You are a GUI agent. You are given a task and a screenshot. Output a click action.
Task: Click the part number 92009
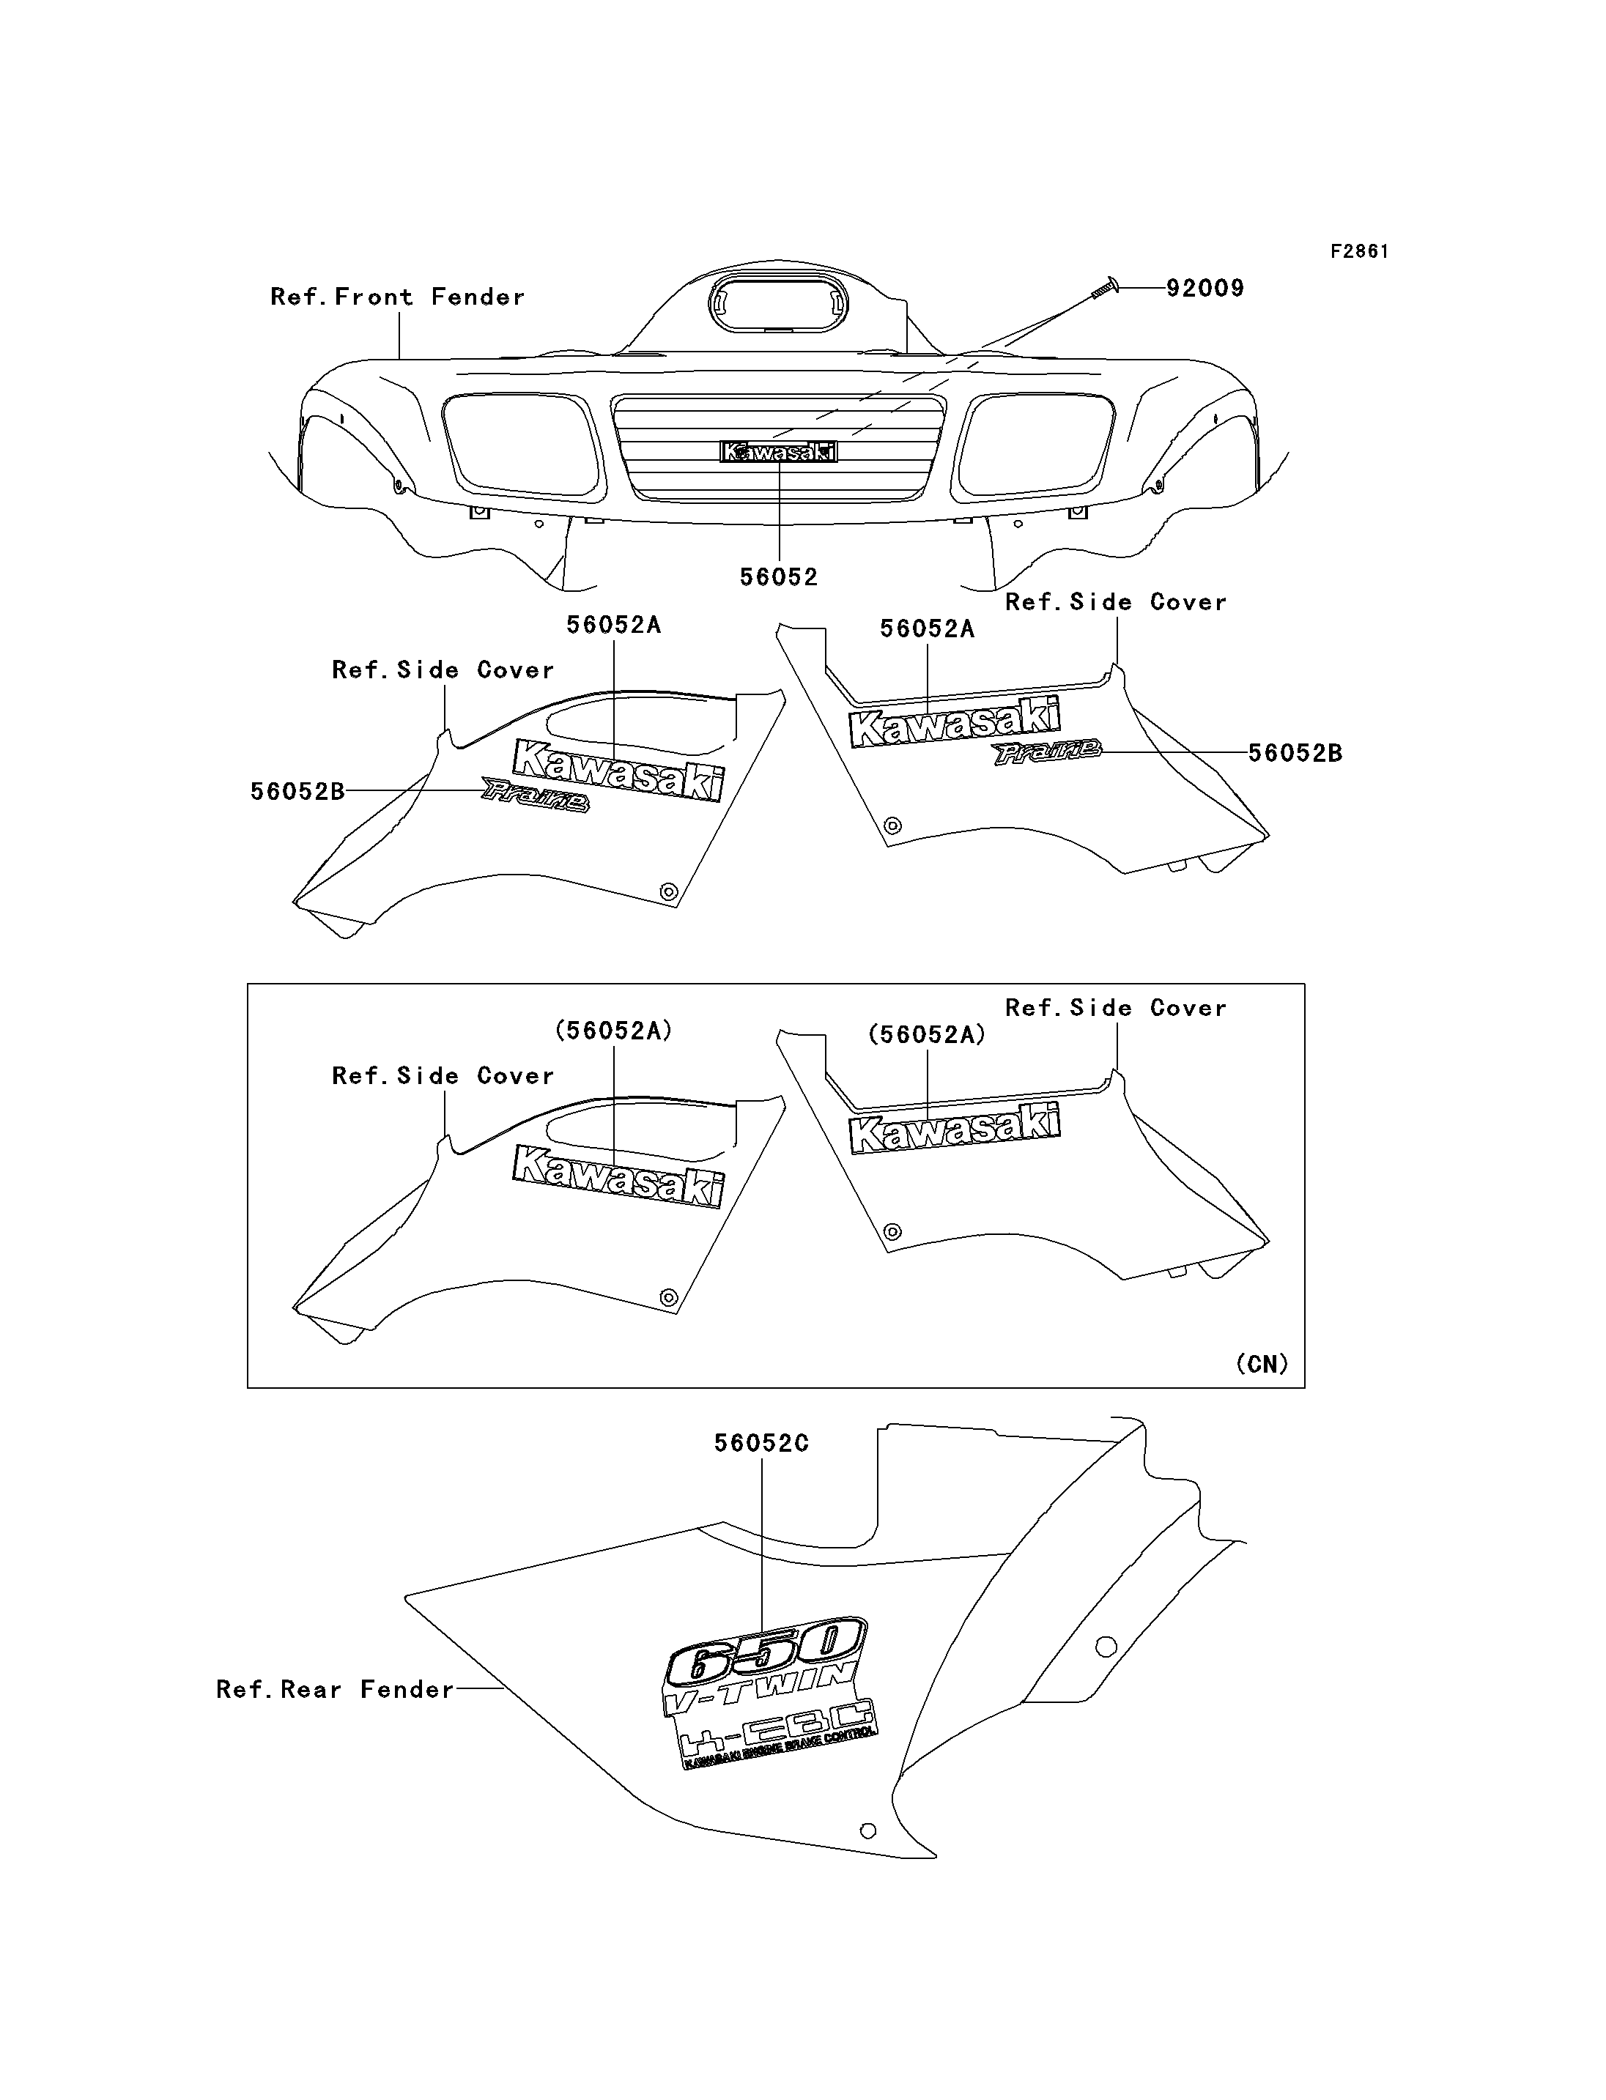tap(1204, 288)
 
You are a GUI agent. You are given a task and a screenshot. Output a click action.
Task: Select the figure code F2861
tap(1359, 251)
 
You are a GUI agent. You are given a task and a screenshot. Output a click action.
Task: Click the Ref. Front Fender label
tap(398, 297)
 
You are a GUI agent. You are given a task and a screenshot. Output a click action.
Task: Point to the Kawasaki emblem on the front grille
tap(778, 451)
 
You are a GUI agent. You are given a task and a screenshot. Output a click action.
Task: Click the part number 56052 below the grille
tap(779, 577)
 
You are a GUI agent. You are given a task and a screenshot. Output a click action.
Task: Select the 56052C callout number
tap(761, 1443)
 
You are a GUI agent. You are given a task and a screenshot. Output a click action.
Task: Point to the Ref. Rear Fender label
tap(336, 1690)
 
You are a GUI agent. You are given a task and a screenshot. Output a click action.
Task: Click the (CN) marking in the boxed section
tap(1262, 1364)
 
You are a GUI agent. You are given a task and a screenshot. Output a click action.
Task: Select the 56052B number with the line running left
tap(297, 792)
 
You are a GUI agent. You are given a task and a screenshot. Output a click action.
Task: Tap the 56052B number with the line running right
tap(1295, 753)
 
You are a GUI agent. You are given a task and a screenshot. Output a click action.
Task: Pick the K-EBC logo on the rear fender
tap(775, 1734)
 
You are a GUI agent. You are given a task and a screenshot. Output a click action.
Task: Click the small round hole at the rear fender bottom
tap(868, 1831)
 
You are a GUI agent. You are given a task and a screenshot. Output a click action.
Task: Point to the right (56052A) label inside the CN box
tap(926, 1034)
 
